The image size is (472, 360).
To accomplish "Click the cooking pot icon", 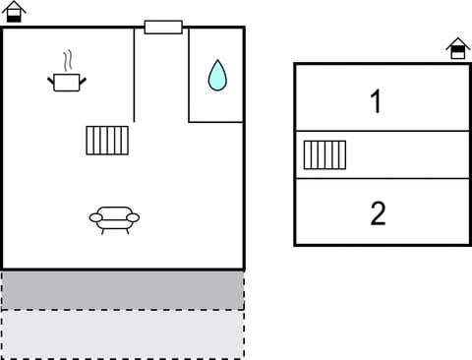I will (x=66, y=83).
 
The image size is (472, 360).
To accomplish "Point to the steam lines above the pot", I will (x=67, y=59).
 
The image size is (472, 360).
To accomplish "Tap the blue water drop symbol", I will (x=216, y=75).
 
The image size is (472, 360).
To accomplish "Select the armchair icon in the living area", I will (x=114, y=218).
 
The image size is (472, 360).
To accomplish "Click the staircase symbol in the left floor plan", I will (x=107, y=140).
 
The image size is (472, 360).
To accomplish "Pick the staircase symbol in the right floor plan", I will (x=324, y=154).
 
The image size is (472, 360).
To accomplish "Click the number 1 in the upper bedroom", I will (x=376, y=101).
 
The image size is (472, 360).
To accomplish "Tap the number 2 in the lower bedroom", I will (x=378, y=213).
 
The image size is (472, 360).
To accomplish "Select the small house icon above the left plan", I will (x=15, y=11).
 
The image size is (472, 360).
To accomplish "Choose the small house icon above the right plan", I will (x=457, y=48).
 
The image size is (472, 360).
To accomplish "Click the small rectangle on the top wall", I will (x=163, y=28).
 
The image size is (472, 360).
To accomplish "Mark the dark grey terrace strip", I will (x=122, y=290).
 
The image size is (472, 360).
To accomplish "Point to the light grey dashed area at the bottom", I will (x=122, y=334).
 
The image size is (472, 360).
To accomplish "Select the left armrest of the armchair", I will (x=95, y=217).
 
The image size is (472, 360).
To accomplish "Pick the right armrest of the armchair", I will (x=134, y=217).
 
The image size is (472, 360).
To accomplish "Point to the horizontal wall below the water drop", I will (x=216, y=122).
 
